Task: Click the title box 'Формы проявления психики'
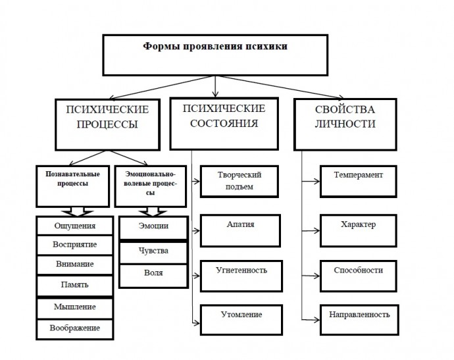click(215, 55)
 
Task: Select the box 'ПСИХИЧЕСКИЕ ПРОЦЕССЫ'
click(107, 124)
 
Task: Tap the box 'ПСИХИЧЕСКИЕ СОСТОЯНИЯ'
click(224, 124)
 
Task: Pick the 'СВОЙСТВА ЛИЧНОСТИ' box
click(345, 124)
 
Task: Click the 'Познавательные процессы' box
click(72, 186)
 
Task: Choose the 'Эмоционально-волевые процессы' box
click(150, 186)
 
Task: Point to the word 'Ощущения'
click(75, 226)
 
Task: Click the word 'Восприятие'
click(75, 244)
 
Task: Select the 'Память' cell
click(75, 286)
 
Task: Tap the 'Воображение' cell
click(75, 329)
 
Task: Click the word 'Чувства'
click(153, 251)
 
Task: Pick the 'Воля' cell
click(153, 276)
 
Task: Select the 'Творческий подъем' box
click(239, 181)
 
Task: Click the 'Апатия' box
click(240, 230)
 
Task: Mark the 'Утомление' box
click(241, 320)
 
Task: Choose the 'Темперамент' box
click(358, 181)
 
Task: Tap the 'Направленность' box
click(359, 320)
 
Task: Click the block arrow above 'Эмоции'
click(153, 212)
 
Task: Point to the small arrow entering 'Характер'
click(311, 231)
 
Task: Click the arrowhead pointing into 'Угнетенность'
click(197, 276)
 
